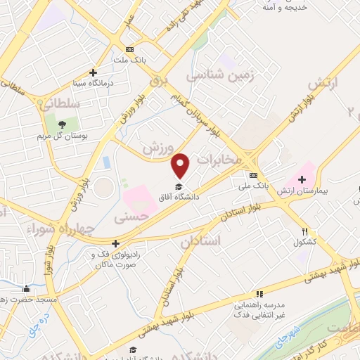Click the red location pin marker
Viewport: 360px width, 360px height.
point(181,165)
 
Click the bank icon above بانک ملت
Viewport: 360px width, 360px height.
point(129,49)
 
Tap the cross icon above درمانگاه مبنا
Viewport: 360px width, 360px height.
point(93,72)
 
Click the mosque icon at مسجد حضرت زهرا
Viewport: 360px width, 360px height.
point(27,288)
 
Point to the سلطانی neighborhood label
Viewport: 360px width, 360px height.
point(63,103)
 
